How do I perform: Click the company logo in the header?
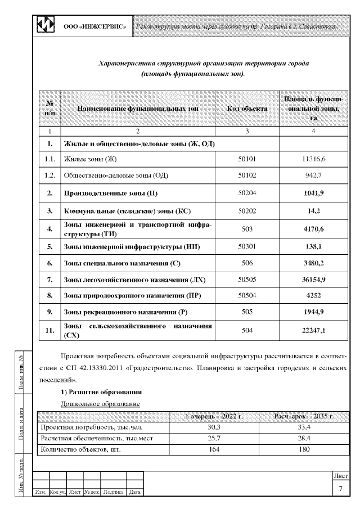46,26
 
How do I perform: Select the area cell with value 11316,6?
313,160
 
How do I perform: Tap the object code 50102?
247,175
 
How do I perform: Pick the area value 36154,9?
313,279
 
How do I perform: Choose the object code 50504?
247,295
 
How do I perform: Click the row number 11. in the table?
49,330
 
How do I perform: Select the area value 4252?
313,295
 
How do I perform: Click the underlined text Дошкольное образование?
100,404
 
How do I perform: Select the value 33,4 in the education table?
303,427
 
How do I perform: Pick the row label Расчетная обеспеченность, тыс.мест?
97,438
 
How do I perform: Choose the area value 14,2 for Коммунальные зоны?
313,211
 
